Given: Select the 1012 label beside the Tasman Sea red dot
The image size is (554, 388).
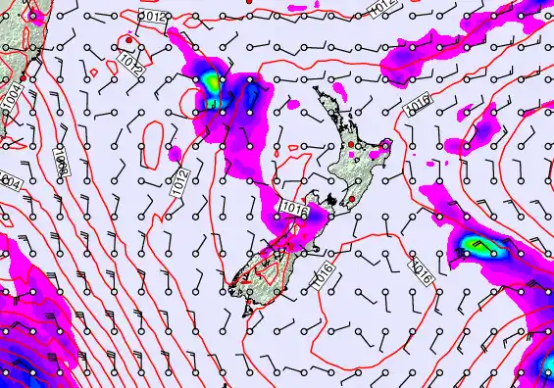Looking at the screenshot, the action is tap(130, 65).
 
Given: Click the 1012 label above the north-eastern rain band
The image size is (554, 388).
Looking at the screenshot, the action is tap(383, 9).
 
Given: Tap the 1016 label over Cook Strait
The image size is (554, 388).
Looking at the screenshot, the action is tap(293, 208).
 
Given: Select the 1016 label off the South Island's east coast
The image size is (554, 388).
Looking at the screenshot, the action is tap(327, 275).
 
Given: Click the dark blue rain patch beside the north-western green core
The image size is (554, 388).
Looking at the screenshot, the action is tap(251, 95).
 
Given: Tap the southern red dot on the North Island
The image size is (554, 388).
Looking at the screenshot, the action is tap(349, 199).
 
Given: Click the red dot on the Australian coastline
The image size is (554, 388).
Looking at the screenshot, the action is tap(25, 73).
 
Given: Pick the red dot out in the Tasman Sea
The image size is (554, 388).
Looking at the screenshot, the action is tap(129, 40).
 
